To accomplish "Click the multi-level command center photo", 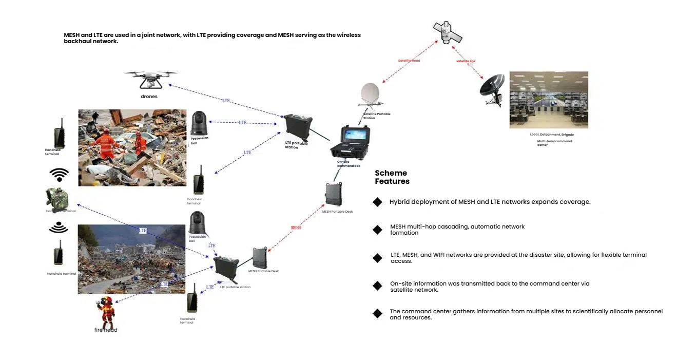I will (x=548, y=100).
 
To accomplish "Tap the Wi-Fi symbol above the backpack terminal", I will (x=59, y=175).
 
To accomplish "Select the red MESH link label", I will (x=296, y=228).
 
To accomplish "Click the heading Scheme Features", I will (x=392, y=177).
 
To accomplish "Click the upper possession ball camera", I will (x=198, y=123).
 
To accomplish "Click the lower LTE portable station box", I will (x=226, y=269).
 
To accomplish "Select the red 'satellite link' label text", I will (x=466, y=61).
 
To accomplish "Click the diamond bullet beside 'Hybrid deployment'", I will (x=377, y=202).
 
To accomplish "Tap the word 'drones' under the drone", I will (x=149, y=97).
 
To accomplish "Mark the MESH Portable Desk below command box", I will (x=334, y=195).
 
